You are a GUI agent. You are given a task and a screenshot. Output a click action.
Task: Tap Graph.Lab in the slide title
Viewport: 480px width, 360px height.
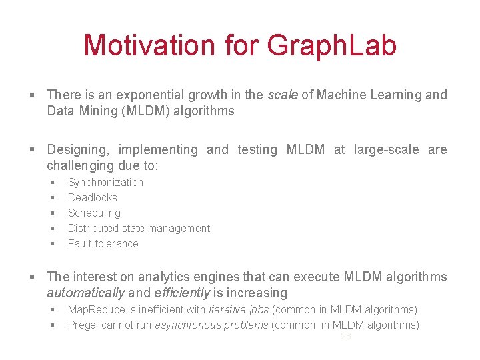(331, 45)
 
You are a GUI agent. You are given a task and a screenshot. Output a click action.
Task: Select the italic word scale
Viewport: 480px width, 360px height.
(283, 95)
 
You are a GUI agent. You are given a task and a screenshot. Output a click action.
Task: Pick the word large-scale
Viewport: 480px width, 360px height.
(387, 149)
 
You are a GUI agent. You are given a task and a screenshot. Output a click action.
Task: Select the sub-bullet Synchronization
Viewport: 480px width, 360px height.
(105, 182)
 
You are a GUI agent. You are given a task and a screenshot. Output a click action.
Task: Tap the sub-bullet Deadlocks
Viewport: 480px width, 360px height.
(92, 197)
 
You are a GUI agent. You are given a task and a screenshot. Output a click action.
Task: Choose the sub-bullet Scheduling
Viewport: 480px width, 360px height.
(94, 213)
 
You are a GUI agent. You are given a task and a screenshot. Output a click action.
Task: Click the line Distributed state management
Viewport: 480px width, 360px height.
(139, 228)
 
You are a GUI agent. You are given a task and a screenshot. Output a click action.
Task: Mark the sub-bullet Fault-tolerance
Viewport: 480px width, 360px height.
(103, 243)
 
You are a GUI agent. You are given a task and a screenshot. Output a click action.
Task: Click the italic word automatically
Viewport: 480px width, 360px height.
(85, 293)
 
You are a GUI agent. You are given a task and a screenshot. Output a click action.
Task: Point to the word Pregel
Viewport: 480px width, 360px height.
(83, 325)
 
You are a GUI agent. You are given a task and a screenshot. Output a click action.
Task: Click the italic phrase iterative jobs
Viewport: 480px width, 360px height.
(239, 309)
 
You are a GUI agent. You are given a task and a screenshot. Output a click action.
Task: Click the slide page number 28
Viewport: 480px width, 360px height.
(345, 337)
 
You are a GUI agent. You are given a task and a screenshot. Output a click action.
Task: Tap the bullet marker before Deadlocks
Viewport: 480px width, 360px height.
(51, 198)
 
